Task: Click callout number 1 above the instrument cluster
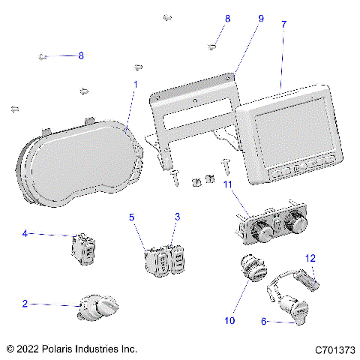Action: (x=135, y=84)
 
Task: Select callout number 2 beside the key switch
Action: (x=25, y=304)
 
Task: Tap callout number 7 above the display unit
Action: (x=283, y=25)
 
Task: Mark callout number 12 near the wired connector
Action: (x=309, y=258)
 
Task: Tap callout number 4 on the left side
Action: (x=25, y=234)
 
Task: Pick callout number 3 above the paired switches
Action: (x=177, y=217)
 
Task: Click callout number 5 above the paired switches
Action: (x=131, y=217)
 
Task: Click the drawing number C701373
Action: (x=334, y=349)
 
